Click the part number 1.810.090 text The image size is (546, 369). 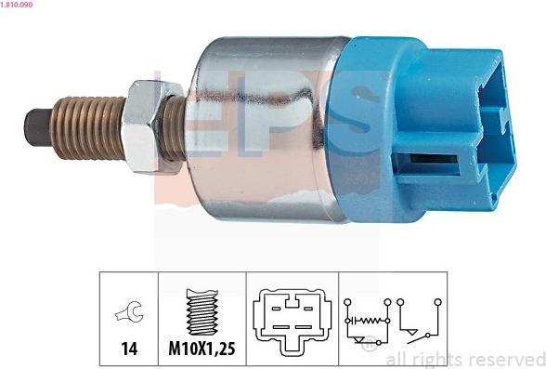coord(17,5)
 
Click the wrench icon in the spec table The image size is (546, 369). coord(129,311)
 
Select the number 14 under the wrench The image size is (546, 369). coord(129,349)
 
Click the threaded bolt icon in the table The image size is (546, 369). coord(202,312)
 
